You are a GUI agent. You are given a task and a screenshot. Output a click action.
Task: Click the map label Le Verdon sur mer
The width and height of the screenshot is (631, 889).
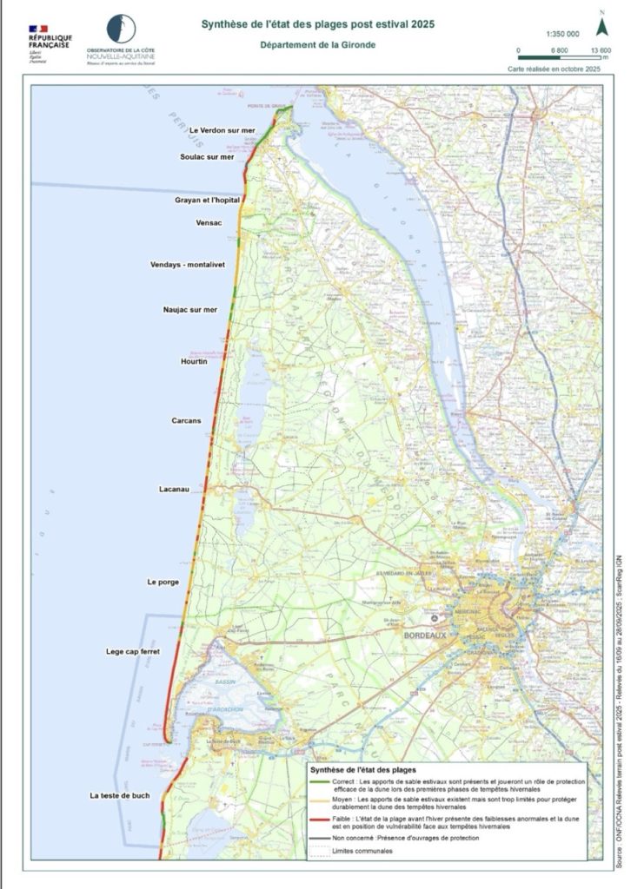click(223, 130)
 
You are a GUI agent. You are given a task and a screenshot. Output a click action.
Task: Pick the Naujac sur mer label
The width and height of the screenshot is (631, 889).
click(189, 309)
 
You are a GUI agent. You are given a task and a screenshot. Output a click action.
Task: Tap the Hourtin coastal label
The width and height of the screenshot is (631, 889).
click(193, 361)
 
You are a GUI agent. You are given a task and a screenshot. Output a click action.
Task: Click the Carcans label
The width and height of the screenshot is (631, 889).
click(186, 421)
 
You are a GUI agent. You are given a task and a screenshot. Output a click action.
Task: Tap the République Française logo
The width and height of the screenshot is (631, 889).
click(50, 43)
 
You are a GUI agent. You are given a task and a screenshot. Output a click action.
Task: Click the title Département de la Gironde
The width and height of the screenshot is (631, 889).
click(316, 46)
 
